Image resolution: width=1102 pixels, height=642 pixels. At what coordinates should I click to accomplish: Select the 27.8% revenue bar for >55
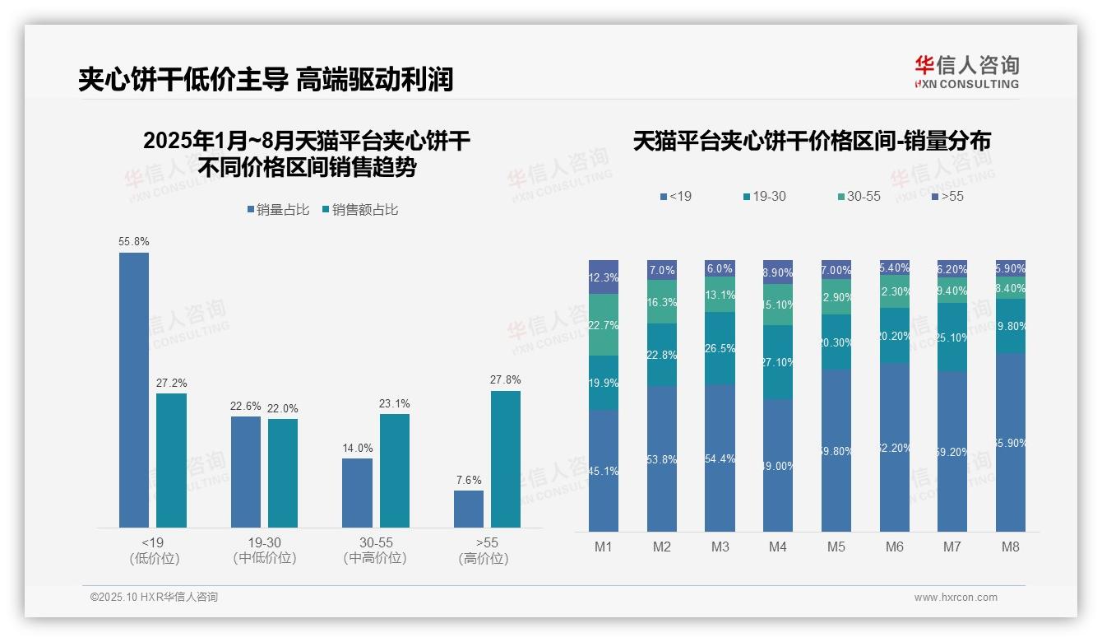pos(506,459)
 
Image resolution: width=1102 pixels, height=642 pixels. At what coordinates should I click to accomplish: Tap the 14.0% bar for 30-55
pos(357,492)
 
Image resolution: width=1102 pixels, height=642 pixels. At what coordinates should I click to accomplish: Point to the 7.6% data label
pos(468,481)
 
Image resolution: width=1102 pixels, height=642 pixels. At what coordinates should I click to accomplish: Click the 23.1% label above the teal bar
pos(395,404)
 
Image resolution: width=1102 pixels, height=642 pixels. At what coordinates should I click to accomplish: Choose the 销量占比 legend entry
pos(278,210)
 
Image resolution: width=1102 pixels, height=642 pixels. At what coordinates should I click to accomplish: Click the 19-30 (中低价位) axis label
pos(265,550)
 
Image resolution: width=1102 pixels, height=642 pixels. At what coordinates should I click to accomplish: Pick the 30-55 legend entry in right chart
pos(859,197)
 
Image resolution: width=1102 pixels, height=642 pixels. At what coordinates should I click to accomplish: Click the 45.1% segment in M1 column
pos(604,471)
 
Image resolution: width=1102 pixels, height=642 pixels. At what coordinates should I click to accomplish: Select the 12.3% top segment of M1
pos(604,277)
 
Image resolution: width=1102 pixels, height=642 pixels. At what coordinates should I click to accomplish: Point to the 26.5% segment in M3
pos(720,348)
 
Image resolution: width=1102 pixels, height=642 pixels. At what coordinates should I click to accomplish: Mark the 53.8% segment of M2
pos(661,458)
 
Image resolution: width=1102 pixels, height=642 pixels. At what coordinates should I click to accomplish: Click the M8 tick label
pos(1011,547)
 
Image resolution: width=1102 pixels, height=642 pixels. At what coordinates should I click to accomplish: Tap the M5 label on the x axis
pos(836,547)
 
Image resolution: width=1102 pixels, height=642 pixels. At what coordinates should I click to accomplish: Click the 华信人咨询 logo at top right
pos(966,72)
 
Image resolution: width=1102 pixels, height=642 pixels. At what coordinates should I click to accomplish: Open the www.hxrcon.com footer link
pos(956,598)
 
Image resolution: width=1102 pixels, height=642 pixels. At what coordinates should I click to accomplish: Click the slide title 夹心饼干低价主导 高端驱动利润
pos(266,80)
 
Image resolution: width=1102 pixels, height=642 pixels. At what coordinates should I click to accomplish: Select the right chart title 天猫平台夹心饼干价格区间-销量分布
pos(812,141)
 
